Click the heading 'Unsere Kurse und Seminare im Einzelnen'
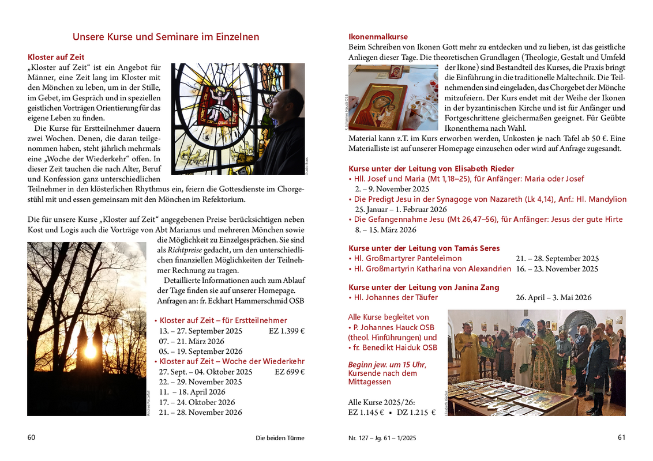click(166, 37)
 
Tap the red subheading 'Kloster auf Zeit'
click(56, 57)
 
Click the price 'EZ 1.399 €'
click(287, 331)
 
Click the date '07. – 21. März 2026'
click(192, 341)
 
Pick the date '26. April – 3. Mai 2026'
click(554, 297)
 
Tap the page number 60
click(32, 437)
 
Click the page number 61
click(621, 437)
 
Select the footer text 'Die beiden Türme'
click(280, 438)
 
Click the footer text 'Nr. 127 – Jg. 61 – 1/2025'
click(382, 438)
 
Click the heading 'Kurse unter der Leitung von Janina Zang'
click(424, 287)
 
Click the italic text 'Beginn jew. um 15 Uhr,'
click(387, 364)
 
